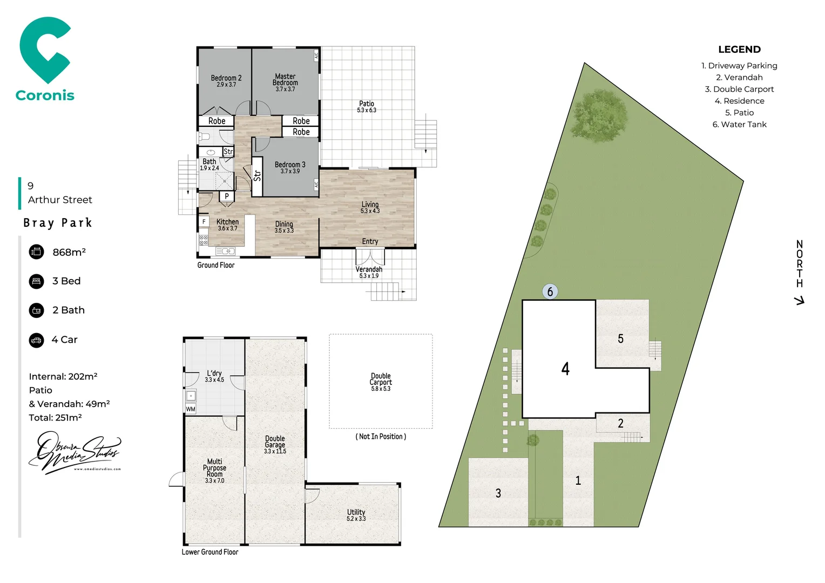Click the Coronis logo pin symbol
point(44,50)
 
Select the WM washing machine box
point(191,409)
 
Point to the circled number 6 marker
point(550,291)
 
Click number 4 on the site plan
point(565,369)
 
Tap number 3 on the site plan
point(498,493)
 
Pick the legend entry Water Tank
point(739,124)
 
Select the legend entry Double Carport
point(739,89)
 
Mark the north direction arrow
point(800,300)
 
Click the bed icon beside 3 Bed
point(37,281)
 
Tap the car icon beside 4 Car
point(37,340)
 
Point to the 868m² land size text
point(69,252)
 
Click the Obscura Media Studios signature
point(75,452)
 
